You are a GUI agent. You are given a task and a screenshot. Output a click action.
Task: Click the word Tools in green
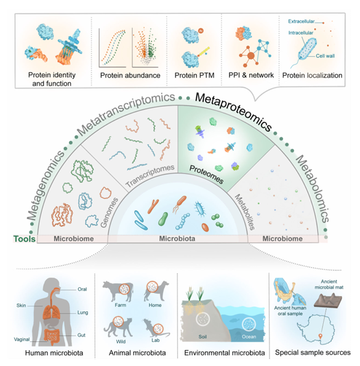pyautogui.click(x=25, y=239)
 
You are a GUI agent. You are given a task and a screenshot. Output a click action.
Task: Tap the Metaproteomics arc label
pyautogui.click(x=233, y=110)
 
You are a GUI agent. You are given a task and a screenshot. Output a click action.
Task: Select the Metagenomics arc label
pyautogui.click(x=45, y=185)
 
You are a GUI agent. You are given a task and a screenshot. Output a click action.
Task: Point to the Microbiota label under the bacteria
pyautogui.click(x=177, y=239)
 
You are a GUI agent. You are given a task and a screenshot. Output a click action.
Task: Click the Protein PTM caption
pyautogui.click(x=194, y=76)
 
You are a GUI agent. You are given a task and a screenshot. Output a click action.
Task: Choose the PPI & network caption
pyautogui.click(x=251, y=75)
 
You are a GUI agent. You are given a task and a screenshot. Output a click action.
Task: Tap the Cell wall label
pyautogui.click(x=325, y=56)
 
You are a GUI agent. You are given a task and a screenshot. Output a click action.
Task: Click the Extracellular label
pyautogui.click(x=302, y=22)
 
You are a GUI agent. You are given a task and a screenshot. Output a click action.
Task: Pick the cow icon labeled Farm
pyautogui.click(x=118, y=291)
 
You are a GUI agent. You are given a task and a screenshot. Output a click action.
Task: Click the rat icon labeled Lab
pyautogui.click(x=156, y=328)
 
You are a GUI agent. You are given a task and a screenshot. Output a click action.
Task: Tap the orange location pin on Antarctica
pyautogui.click(x=321, y=336)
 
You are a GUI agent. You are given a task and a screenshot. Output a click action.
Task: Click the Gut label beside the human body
pyautogui.click(x=81, y=335)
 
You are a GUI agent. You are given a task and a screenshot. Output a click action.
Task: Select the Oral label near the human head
pyautogui.click(x=82, y=289)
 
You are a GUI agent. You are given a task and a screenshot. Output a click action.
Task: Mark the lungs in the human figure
pyautogui.click(x=51, y=312)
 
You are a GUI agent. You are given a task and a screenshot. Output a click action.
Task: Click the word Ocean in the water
pyautogui.click(x=249, y=336)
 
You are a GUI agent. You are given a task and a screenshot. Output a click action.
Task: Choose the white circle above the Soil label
pyautogui.click(x=202, y=319)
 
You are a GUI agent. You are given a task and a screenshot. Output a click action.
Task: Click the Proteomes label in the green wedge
pyautogui.click(x=206, y=174)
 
